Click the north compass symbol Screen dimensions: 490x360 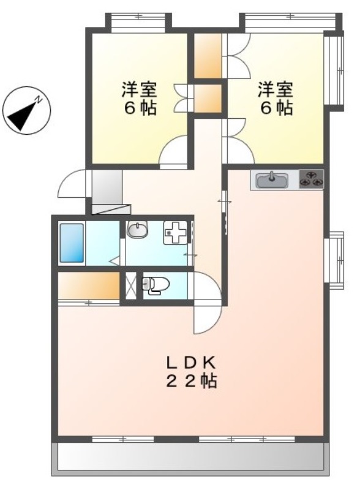(26, 111)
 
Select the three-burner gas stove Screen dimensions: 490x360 (311, 179)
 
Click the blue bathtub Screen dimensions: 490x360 (71, 244)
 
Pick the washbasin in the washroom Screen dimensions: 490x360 (137, 230)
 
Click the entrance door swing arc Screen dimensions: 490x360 (73, 184)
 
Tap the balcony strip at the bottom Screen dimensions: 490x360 (190, 456)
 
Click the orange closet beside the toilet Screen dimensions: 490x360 (89, 285)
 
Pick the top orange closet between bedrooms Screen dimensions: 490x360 (208, 56)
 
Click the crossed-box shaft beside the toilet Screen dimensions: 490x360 (131, 286)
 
